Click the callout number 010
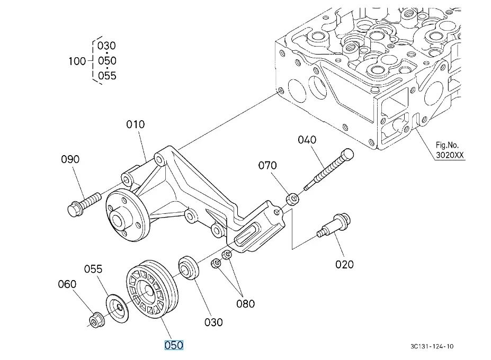[x=135, y=125]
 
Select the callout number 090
[x=70, y=159]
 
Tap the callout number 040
[x=307, y=140]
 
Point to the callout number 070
[x=267, y=166]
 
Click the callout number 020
[x=344, y=263]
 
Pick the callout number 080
[x=245, y=304]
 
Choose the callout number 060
[x=67, y=284]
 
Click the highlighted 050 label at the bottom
[x=174, y=345]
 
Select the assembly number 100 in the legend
[x=77, y=61]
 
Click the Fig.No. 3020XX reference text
[x=450, y=150]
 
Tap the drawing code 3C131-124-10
[x=432, y=347]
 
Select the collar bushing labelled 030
[x=188, y=267]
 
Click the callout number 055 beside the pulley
[x=93, y=269]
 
